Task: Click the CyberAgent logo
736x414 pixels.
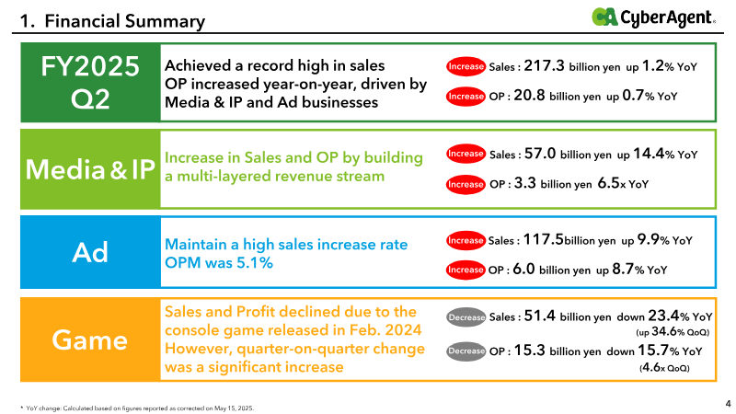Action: click(x=653, y=17)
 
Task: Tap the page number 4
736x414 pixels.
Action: click(x=728, y=403)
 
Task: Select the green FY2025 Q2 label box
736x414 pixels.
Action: click(x=90, y=83)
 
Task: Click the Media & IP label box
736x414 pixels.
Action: click(x=90, y=169)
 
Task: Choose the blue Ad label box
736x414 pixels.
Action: click(x=90, y=252)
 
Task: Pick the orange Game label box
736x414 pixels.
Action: click(x=90, y=339)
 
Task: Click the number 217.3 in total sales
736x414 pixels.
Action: click(x=544, y=65)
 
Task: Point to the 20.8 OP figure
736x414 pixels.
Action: click(x=529, y=96)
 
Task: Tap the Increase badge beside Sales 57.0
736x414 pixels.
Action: click(x=466, y=154)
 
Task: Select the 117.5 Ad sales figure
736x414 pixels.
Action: click(x=543, y=240)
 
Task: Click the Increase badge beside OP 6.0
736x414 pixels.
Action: click(x=466, y=270)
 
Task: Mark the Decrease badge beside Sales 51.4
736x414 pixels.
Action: click(x=466, y=317)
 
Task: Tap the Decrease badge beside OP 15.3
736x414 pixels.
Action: click(x=466, y=351)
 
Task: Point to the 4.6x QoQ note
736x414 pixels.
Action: click(x=664, y=367)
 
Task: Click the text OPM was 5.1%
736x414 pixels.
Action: click(x=219, y=263)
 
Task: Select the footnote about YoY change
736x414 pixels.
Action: click(x=137, y=408)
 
